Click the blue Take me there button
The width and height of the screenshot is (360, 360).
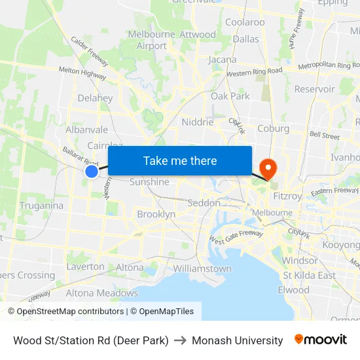coord(180,160)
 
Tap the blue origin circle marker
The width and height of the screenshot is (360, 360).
coord(92,171)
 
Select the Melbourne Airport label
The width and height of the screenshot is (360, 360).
coord(152,40)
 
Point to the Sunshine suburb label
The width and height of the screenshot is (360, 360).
coord(149,182)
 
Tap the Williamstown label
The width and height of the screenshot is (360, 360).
coord(202,268)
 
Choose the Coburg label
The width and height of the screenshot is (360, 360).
coord(274,128)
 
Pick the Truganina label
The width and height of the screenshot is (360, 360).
coord(41,206)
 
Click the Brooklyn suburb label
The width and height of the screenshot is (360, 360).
coord(156,214)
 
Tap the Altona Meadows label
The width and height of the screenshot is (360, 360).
coord(102,293)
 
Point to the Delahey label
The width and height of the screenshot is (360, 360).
coord(95,98)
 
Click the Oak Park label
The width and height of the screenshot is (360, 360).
coord(230,96)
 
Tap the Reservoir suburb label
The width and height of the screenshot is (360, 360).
coord(315,89)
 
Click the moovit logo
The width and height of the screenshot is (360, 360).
coord(321,339)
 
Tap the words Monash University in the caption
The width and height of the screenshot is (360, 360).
coord(238,340)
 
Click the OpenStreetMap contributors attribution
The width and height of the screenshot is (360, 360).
coord(66,312)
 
